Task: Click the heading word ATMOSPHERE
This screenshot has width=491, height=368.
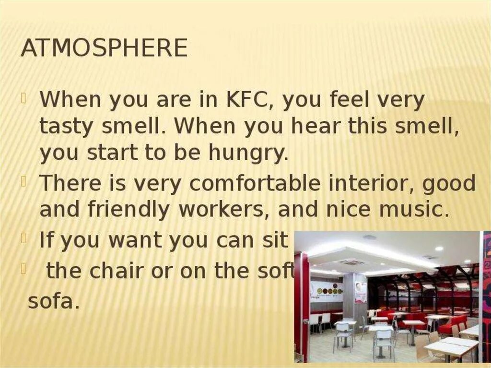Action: [x=104, y=48]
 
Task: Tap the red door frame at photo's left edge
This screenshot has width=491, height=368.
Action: [x=302, y=307]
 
